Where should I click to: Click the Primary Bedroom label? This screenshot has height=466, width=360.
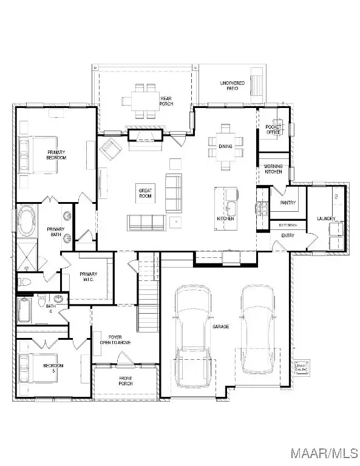click(56, 154)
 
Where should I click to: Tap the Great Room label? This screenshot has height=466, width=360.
click(144, 194)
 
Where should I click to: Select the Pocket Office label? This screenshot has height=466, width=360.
click(274, 129)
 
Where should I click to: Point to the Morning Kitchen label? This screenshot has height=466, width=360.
click(273, 169)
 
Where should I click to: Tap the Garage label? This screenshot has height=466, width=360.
click(220, 326)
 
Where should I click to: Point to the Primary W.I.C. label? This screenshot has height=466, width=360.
click(89, 277)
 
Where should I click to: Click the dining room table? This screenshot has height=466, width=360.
click(226, 146)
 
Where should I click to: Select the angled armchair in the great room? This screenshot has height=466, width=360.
click(110, 149)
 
